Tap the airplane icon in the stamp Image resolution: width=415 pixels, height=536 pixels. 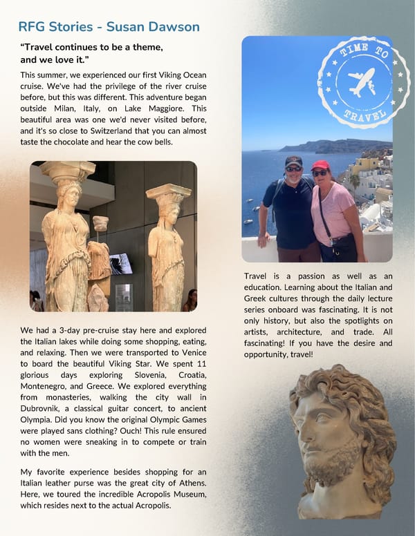(360, 82)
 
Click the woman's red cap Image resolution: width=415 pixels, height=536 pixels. (320, 165)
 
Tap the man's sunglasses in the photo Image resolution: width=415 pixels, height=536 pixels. (293, 168)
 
